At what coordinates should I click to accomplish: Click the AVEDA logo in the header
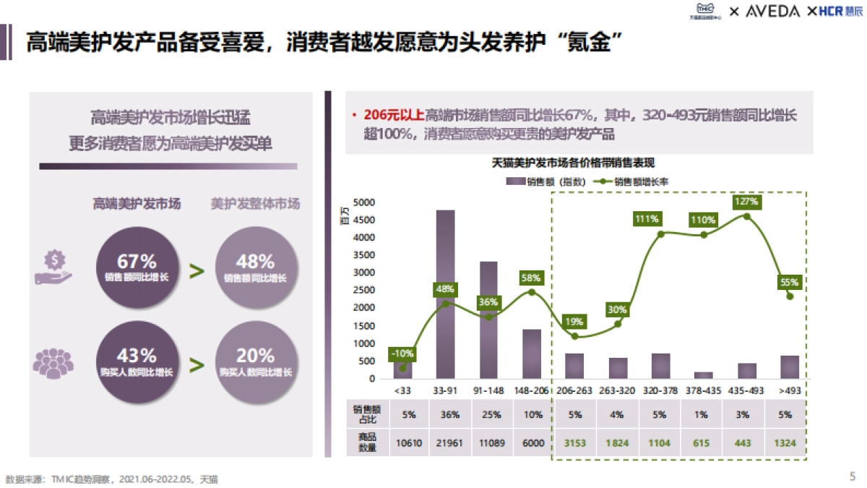[772, 12]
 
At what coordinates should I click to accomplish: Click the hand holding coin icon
[53, 267]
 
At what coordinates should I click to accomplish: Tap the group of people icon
[53, 362]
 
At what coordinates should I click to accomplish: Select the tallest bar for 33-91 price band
[446, 294]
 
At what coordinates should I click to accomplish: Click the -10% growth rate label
[403, 354]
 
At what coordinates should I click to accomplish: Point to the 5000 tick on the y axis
[366, 202]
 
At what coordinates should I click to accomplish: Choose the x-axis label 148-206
[531, 390]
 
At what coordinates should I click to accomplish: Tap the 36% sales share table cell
[446, 415]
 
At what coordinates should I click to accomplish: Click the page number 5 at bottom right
[853, 476]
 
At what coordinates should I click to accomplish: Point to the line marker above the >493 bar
[790, 296]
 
